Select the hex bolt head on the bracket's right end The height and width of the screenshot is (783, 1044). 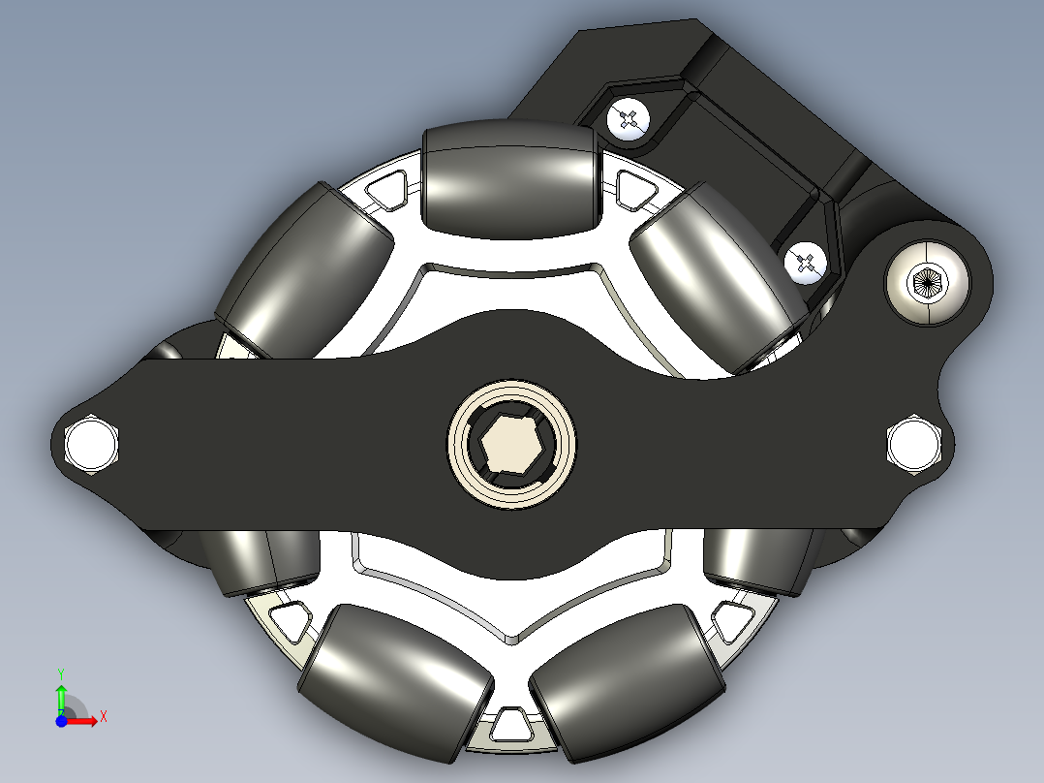tap(912, 445)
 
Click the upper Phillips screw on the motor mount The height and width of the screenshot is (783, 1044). tap(628, 120)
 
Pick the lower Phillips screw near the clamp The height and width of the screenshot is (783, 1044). tap(806, 262)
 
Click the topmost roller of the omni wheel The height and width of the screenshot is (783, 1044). tap(508, 180)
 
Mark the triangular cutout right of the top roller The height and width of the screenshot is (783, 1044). tap(634, 186)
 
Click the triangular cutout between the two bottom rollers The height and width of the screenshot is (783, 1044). tap(509, 723)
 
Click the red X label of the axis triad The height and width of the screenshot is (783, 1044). tap(103, 716)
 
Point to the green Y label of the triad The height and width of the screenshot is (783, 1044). tap(60, 672)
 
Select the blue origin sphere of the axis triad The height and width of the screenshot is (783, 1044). tap(61, 721)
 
